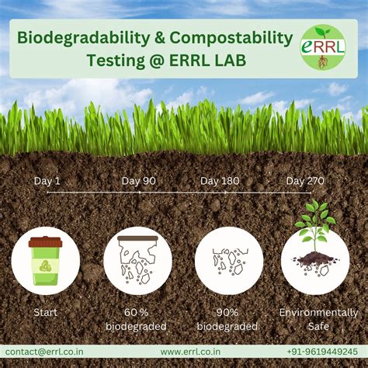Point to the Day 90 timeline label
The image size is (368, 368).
(138, 181)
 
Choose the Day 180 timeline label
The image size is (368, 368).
(220, 181)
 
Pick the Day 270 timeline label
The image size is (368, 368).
(305, 181)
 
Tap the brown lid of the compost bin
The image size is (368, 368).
(45, 242)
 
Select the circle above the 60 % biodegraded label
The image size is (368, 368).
(137, 260)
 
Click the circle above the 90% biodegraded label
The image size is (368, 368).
(228, 260)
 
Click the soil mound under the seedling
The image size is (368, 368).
(314, 259)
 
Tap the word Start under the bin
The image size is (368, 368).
(45, 313)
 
